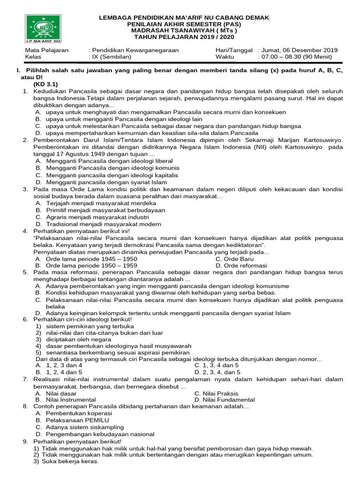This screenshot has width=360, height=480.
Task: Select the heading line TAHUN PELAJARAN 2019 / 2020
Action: [x=184, y=37]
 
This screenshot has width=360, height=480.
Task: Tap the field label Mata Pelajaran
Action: [x=47, y=50]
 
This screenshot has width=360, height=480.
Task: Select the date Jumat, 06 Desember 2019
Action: [x=299, y=50]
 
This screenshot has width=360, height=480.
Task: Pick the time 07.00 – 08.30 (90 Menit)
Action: [x=295, y=57]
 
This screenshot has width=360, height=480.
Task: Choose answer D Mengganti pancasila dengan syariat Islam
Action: [x=101, y=182]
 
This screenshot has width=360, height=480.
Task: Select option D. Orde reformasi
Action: [x=241, y=265]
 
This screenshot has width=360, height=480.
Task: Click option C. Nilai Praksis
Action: [x=216, y=393]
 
